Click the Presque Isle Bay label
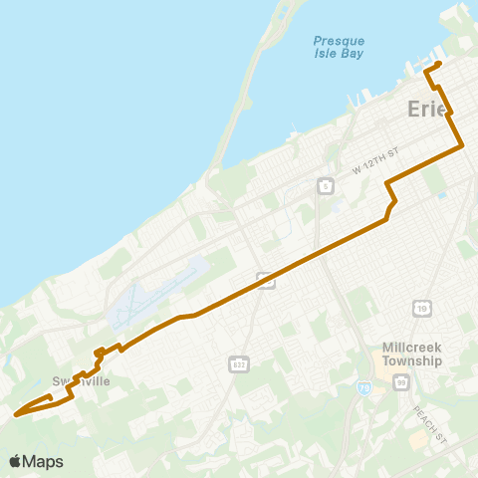338,47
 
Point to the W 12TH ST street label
374,162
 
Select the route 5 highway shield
326,185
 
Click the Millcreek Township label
412,354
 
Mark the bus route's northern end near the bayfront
438,65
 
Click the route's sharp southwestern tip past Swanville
15,414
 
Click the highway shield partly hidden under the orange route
266,281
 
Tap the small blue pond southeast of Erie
440,195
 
